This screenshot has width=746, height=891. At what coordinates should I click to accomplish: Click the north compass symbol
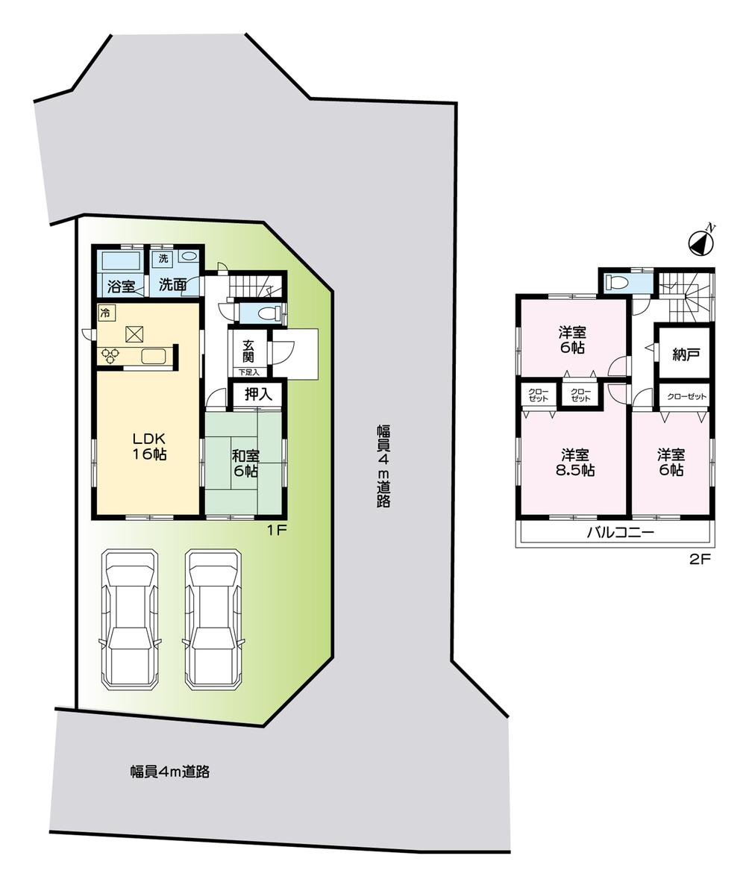[701, 241]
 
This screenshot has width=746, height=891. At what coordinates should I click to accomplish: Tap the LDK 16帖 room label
[148, 445]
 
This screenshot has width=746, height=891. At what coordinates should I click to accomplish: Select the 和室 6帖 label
[244, 463]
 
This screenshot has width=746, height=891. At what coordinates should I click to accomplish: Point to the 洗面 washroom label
[172, 285]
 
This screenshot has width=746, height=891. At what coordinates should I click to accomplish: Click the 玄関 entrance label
[248, 351]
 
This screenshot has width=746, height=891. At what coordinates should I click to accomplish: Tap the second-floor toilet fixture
[618, 283]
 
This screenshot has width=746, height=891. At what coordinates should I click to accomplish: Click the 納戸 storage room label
[686, 354]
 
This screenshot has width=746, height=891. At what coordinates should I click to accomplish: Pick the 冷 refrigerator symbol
[105, 313]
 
